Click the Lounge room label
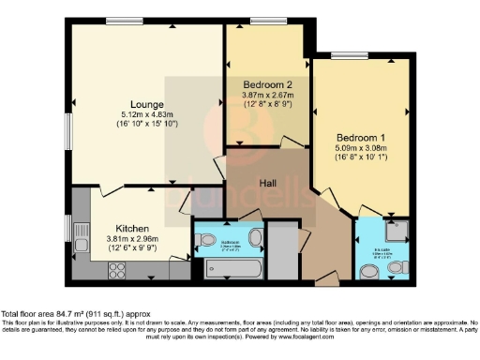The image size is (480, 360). [x=149, y=103]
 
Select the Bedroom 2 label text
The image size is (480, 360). [x=263, y=82]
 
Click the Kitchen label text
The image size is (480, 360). [x=134, y=228]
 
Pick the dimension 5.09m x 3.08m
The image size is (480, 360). [x=360, y=147]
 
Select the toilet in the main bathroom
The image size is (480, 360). [x=206, y=239]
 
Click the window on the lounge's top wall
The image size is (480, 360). [x=118, y=21]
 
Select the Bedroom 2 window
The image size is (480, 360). [x=269, y=21]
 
